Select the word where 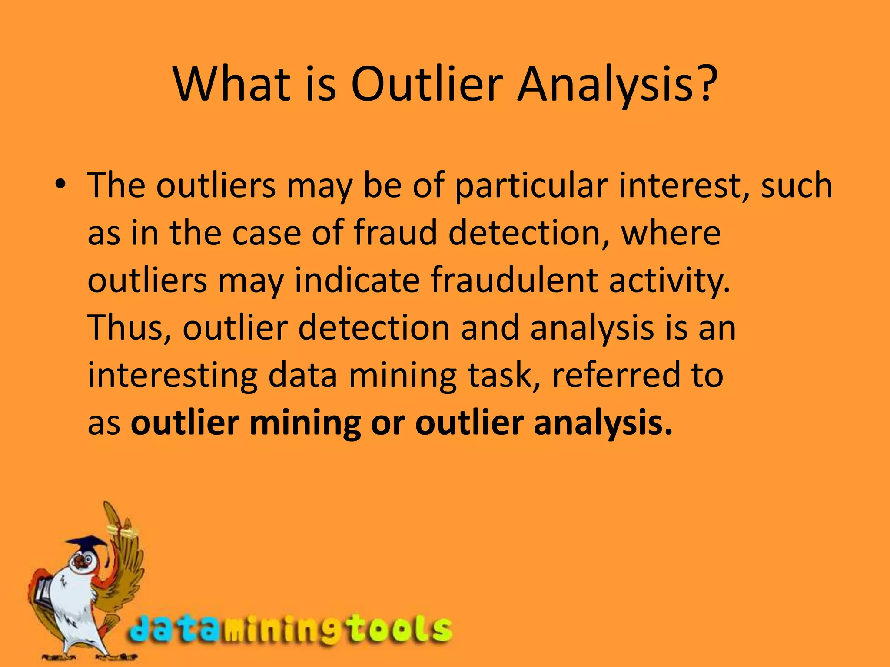(x=671, y=233)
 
